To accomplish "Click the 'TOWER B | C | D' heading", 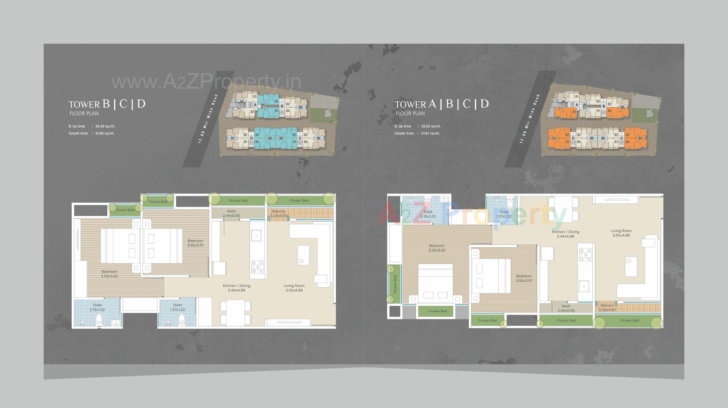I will [x=107, y=104].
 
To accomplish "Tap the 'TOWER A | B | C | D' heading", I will [x=442, y=104].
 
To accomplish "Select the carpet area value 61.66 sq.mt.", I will [x=105, y=133].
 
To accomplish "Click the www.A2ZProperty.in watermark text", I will [x=206, y=82].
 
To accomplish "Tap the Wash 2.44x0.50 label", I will [x=231, y=213].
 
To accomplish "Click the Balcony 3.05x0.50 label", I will [x=279, y=213].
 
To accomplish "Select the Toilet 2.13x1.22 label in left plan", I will [x=97, y=307].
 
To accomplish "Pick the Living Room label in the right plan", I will [x=621, y=233].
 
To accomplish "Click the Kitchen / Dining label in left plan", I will [x=237, y=288].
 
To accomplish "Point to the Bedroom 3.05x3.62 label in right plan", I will [x=437, y=248].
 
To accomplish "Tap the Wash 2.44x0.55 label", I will [x=566, y=308].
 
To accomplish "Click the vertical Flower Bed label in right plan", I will [x=395, y=284].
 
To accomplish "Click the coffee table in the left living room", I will [x=303, y=255].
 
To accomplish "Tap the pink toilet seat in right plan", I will [x=428, y=204].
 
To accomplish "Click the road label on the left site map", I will [x=208, y=119].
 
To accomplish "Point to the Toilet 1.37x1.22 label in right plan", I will [x=504, y=214].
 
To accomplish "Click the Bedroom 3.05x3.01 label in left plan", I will [x=195, y=243].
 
